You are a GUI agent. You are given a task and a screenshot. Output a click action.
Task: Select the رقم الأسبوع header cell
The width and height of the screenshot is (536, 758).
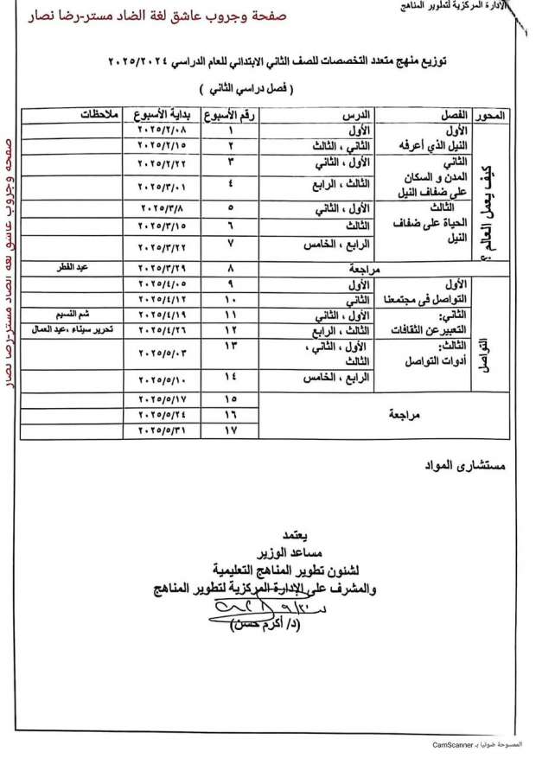[231, 114]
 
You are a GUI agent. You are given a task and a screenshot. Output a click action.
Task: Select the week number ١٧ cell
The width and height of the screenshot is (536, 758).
[230, 430]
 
